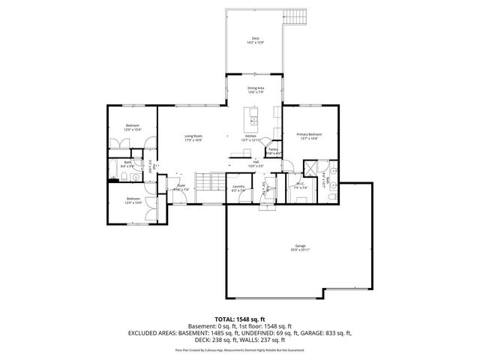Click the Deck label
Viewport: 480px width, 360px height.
pyautogui.click(x=255, y=40)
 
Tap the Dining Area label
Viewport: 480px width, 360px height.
pyautogui.click(x=256, y=90)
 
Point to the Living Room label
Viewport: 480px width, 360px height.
pyautogui.click(x=193, y=137)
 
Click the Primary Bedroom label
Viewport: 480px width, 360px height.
pyautogui.click(x=308, y=136)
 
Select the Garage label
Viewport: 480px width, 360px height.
pyautogui.click(x=300, y=247)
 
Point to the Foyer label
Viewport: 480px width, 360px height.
pyautogui.click(x=181, y=187)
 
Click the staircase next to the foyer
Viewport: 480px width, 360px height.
pyautogui.click(x=205, y=181)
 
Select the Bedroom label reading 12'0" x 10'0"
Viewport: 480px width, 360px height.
pyautogui.click(x=132, y=200)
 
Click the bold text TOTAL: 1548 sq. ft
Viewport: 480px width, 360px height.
pyautogui.click(x=240, y=319)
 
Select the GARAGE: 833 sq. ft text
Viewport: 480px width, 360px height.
pyautogui.click(x=327, y=331)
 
